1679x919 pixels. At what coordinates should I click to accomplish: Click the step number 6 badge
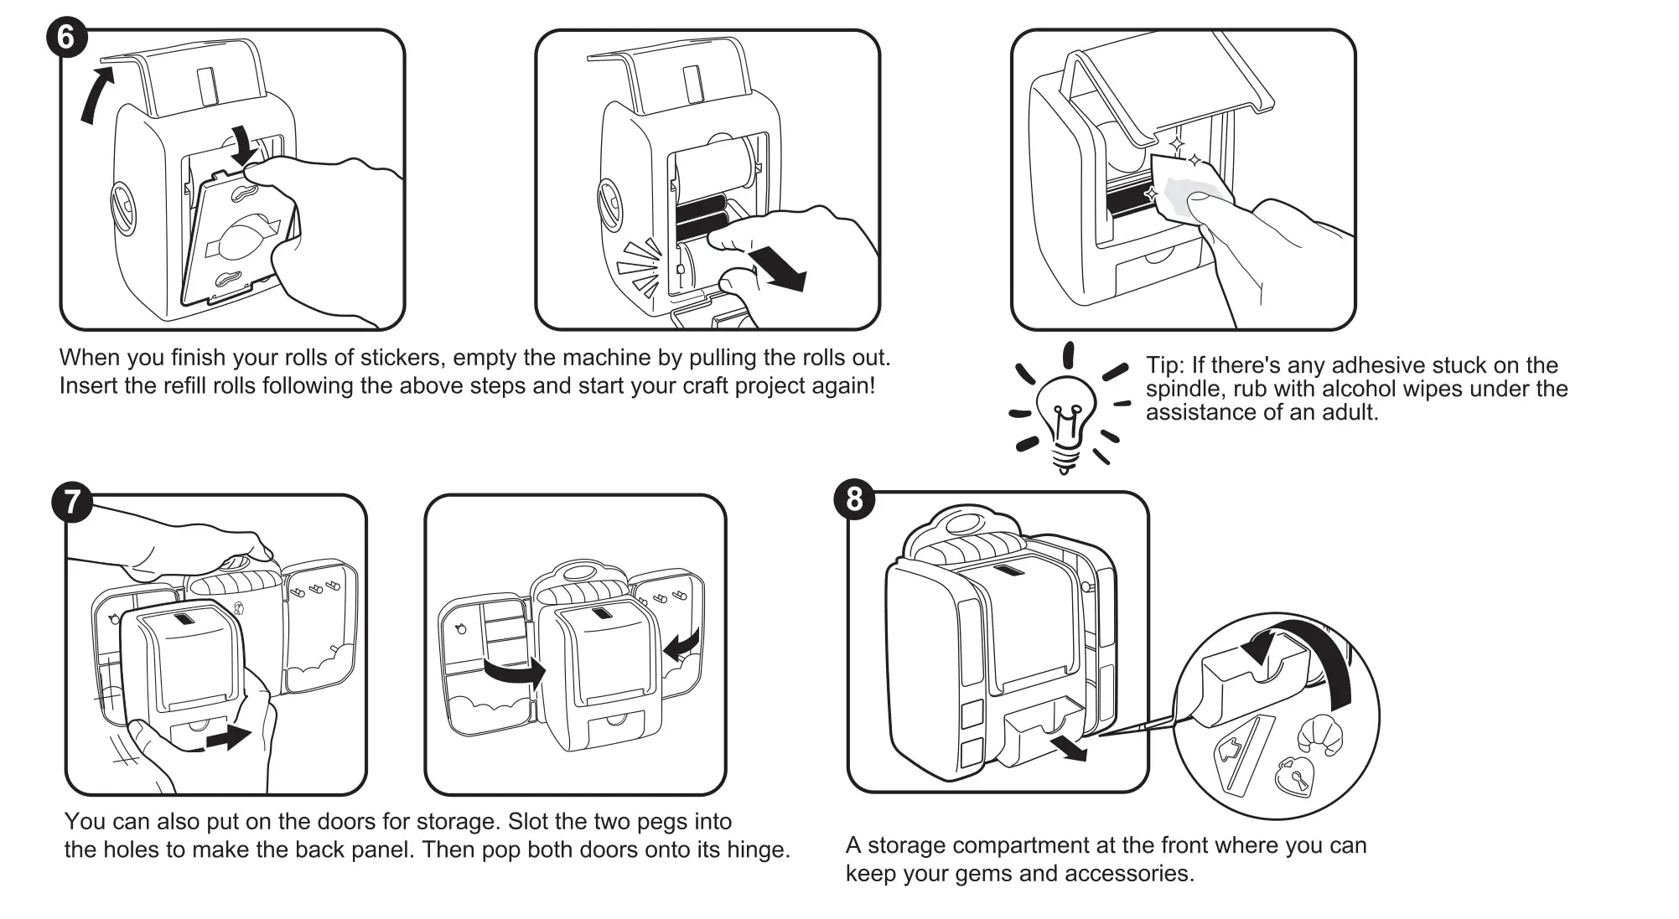pos(66,38)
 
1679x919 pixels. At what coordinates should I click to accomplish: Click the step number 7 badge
pos(72,502)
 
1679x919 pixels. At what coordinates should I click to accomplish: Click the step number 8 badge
pos(854,499)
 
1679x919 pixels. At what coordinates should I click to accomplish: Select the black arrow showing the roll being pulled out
pos(779,269)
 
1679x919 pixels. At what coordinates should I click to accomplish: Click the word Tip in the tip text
pos(1163,366)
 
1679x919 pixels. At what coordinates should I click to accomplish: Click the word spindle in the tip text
pos(1183,390)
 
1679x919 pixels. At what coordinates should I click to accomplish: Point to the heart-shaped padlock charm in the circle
pos(1293,777)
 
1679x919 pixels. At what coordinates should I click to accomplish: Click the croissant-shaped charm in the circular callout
pos(1319,733)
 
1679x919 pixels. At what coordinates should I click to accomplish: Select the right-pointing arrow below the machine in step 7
pos(228,737)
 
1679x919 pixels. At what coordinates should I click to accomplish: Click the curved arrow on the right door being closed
pos(681,644)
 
